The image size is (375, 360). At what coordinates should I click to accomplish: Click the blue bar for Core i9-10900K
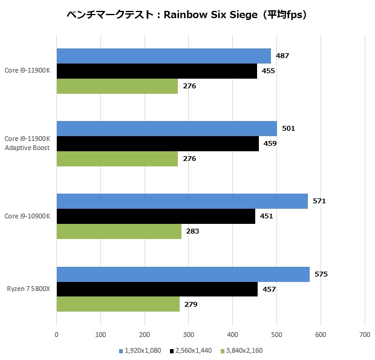[181, 201]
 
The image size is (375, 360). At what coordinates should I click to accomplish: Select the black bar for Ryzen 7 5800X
[157, 289]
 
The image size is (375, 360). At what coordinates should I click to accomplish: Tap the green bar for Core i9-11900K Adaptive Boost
[117, 159]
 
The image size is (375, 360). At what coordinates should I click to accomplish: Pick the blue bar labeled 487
[163, 56]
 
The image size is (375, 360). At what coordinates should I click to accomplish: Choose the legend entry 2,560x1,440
[191, 350]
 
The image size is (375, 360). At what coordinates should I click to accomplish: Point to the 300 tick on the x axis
[188, 334]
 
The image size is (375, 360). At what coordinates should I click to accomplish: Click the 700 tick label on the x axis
[364, 334]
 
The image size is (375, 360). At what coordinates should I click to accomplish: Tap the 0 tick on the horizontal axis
[56, 334]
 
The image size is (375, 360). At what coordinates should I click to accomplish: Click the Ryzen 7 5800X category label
[28, 289]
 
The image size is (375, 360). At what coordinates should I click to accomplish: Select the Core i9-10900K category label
[27, 216]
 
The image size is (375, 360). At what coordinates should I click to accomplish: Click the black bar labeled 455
[157, 71]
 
